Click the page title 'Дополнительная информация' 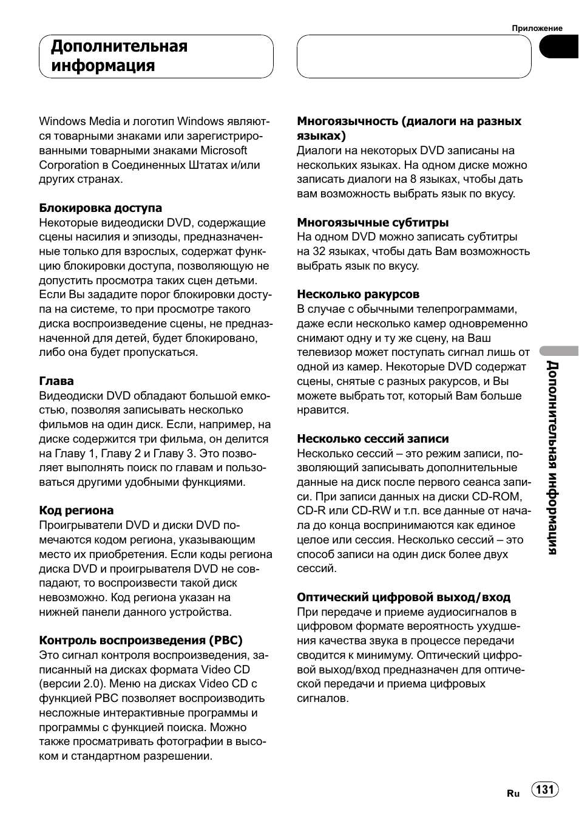pyautogui.click(x=119, y=56)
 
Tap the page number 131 pyautogui.click(x=545, y=789)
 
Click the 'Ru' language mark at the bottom pyautogui.click(x=513, y=794)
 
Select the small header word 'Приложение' pyautogui.click(x=537, y=28)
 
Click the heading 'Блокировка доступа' pyautogui.click(x=100, y=208)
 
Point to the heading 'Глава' pyautogui.click(x=56, y=381)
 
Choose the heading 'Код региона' pyautogui.click(x=76, y=511)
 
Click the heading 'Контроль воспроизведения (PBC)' pyautogui.click(x=141, y=641)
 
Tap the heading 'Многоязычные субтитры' pyautogui.click(x=373, y=223)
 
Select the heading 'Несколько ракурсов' pyautogui.click(x=358, y=295)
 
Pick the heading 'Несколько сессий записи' pyautogui.click(x=373, y=439)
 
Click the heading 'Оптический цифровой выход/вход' pyautogui.click(x=404, y=598)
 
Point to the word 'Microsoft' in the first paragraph pyautogui.click(x=224, y=151)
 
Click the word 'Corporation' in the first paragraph pyautogui.click(x=69, y=165)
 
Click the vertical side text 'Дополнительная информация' pyautogui.click(x=551, y=457)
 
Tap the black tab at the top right pyautogui.click(x=558, y=47)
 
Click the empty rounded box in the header pyautogui.click(x=414, y=56)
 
